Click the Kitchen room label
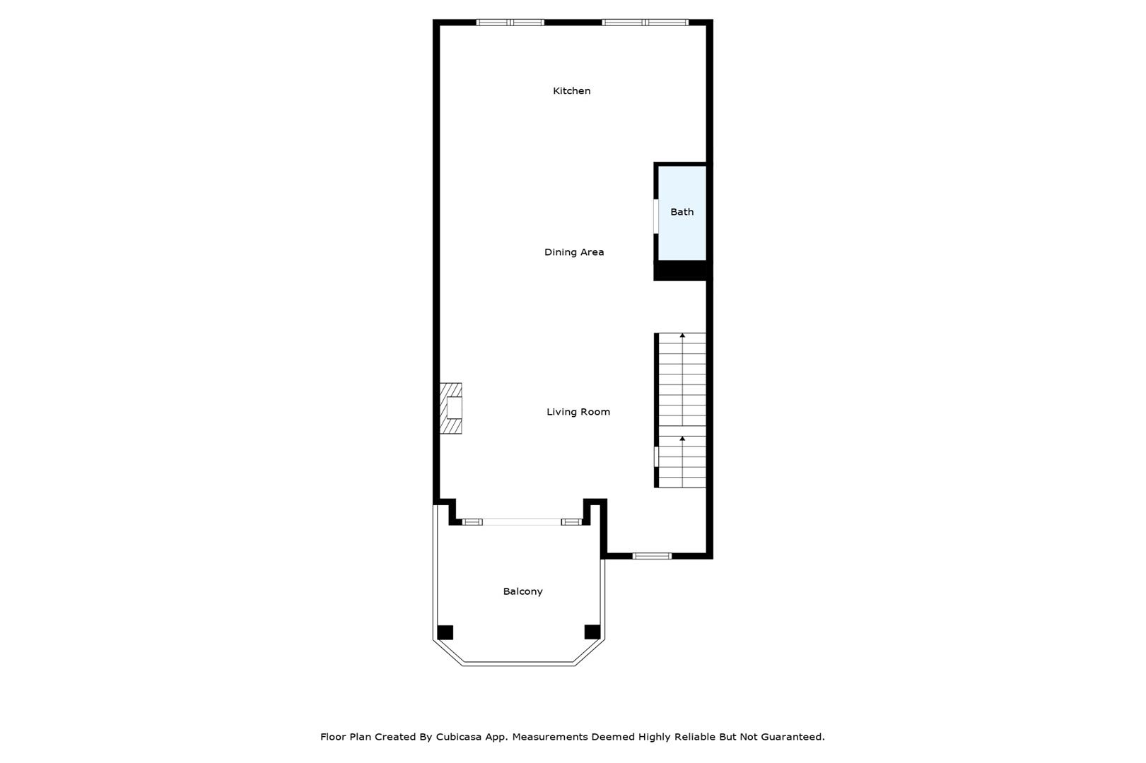571,91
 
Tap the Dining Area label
574,252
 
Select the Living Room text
578,412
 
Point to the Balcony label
522,592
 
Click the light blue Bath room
682,213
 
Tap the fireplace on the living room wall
451,408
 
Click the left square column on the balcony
445,632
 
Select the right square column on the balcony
592,632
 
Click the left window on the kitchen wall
510,23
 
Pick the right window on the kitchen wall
645,23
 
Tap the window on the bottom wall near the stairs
652,556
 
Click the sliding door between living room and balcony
522,522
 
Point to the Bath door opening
656,216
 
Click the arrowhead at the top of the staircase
682,336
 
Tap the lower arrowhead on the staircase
682,439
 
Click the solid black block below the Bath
682,271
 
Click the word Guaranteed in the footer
793,737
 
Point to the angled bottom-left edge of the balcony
448,652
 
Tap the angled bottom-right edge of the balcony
590,652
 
